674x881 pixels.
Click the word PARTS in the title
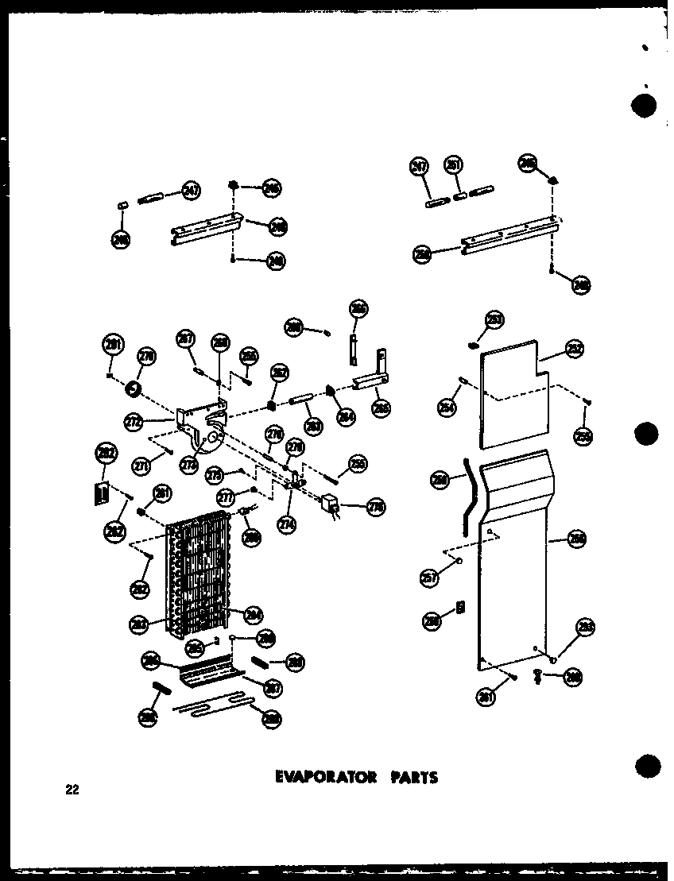pyautogui.click(x=412, y=777)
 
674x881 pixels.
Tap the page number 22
pyautogui.click(x=72, y=790)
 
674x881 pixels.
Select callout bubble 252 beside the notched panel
pyautogui.click(x=574, y=348)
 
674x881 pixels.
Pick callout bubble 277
pyautogui.click(x=225, y=498)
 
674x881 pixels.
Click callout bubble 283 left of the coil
pyautogui.click(x=138, y=624)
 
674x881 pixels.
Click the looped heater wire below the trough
pyautogui.click(x=211, y=703)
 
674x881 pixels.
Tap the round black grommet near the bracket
pyautogui.click(x=134, y=390)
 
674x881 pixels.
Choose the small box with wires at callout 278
pyautogui.click(x=330, y=504)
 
